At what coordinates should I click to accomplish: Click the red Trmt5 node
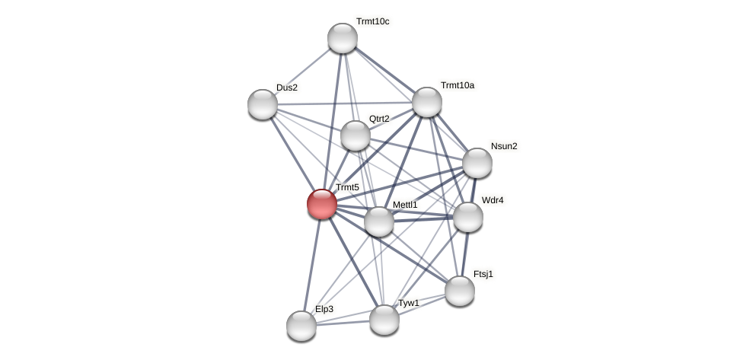coord(322,204)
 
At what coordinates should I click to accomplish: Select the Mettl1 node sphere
coord(379,221)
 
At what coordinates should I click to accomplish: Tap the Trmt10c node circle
coord(343,38)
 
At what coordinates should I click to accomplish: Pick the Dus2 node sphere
coord(263,104)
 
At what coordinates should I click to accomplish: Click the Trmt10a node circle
coord(427,102)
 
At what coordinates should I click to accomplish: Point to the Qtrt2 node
coord(356,135)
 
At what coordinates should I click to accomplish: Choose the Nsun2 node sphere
coord(477,163)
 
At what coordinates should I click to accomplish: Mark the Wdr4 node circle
coord(468,217)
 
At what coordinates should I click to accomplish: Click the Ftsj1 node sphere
coord(460,291)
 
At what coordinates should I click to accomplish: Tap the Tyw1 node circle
coord(384,320)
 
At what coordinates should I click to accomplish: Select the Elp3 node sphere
coord(301,326)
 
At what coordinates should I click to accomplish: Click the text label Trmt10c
coord(372,21)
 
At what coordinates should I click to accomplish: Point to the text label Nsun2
coord(504,146)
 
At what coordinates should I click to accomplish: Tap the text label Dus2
coord(287,88)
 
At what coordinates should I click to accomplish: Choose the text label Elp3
coord(324,309)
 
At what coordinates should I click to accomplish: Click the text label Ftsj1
coord(483,274)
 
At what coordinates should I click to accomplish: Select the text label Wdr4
coord(493,200)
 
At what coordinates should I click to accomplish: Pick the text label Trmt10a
coord(457,85)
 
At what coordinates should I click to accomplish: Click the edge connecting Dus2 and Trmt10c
coord(302,72)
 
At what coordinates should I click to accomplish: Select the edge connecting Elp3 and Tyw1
coord(343,323)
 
